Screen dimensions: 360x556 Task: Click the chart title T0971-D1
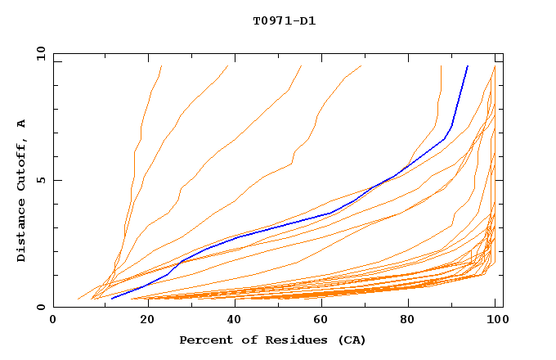[x=284, y=20]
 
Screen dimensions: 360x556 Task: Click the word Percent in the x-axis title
[x=203, y=340]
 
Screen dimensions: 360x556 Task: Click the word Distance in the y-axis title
[x=22, y=233]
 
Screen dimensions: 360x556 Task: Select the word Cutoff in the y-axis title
[x=22, y=167]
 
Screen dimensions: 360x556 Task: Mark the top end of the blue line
[x=468, y=65]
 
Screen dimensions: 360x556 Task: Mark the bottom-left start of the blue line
[x=111, y=298]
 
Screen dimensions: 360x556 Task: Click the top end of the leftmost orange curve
[x=162, y=65]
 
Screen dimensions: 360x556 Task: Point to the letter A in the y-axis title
[x=22, y=124]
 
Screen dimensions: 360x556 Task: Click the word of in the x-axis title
[x=244, y=340]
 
